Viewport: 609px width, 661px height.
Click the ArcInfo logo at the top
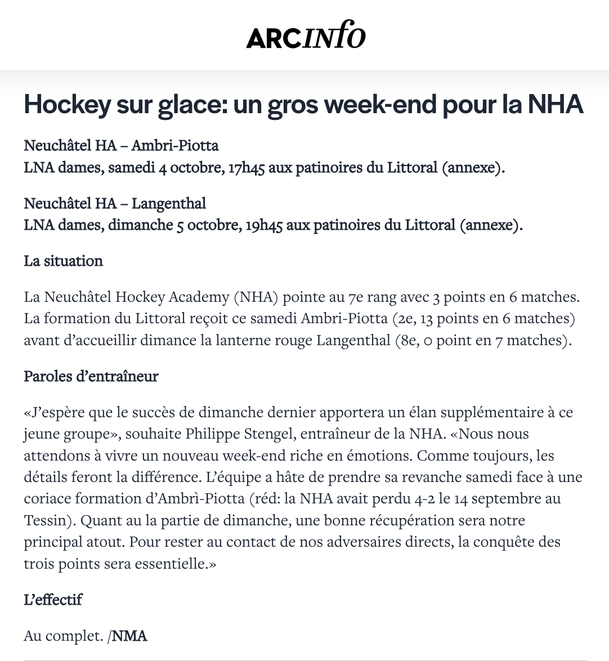[306, 35]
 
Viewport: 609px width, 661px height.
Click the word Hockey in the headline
[67, 105]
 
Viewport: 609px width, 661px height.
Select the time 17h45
[246, 168]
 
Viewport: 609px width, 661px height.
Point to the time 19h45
[264, 225]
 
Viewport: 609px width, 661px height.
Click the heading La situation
[63, 261]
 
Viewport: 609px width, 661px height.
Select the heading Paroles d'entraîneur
[91, 376]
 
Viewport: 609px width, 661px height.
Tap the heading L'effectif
[53, 600]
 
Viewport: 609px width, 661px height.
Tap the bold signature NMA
[129, 636]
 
